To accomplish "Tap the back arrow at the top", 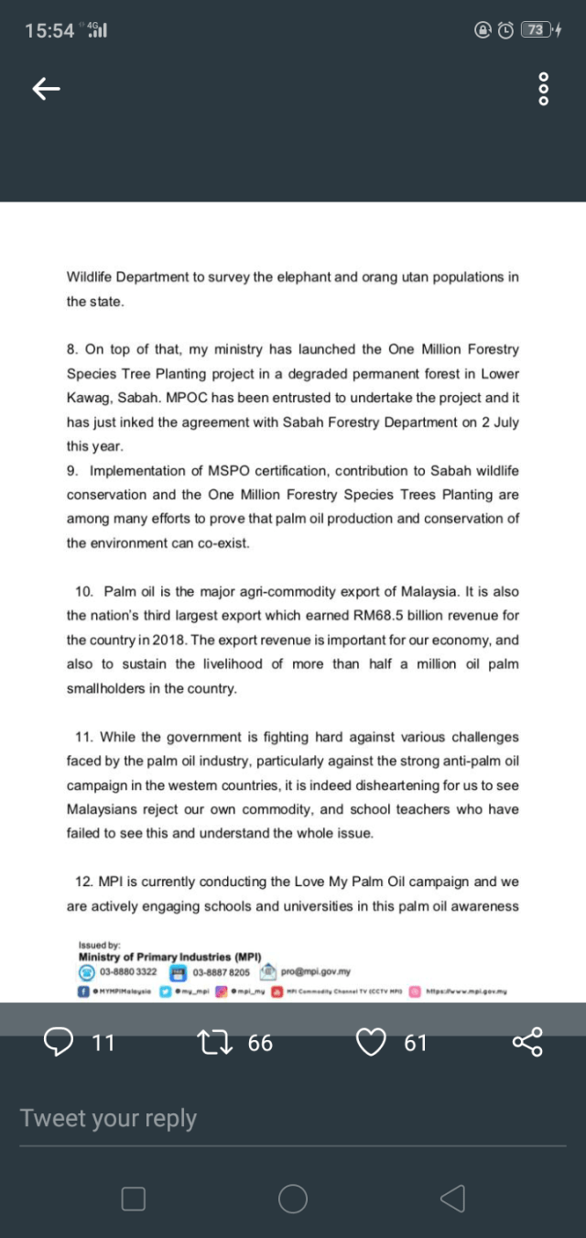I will pyautogui.click(x=46, y=88).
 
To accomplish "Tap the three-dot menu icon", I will pyautogui.click(x=543, y=88).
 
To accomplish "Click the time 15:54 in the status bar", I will pyautogui.click(x=49, y=30).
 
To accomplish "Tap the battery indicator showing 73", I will pyautogui.click(x=535, y=30).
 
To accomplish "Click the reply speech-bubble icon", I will pyautogui.click(x=60, y=1042).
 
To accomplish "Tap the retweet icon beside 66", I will pyautogui.click(x=212, y=1042).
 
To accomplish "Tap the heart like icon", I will pyautogui.click(x=371, y=1042).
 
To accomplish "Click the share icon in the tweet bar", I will pyautogui.click(x=527, y=1042).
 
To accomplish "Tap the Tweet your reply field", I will pyautogui.click(x=108, y=1118).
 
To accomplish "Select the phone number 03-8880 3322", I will pyautogui.click(x=128, y=972).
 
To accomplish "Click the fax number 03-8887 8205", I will pyautogui.click(x=222, y=972).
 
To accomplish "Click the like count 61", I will pyautogui.click(x=415, y=1042).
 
